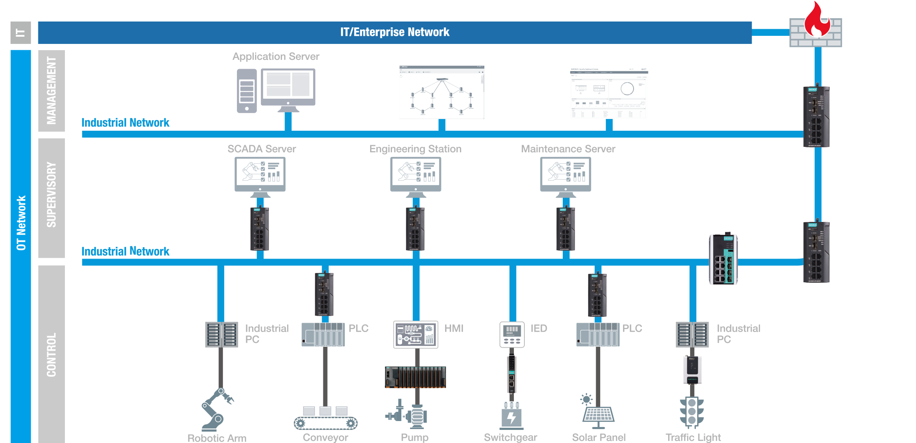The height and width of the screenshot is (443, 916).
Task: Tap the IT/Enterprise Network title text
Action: coord(395,32)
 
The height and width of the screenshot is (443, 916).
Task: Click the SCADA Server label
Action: coord(261,149)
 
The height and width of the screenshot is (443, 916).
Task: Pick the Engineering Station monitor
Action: coord(416,174)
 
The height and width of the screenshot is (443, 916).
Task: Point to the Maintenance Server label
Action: coord(568,149)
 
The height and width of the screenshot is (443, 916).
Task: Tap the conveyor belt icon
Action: coord(325,418)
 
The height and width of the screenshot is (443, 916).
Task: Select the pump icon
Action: coord(407,415)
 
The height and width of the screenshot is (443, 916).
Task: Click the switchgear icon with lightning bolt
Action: coord(511,416)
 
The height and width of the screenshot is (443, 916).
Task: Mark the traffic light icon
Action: coord(692,411)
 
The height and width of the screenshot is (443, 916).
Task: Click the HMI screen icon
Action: coord(416,335)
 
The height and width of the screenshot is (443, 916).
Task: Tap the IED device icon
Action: coord(512,335)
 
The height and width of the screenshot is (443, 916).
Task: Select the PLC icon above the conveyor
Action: coord(323,335)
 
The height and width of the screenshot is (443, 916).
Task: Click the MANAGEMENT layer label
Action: coord(51,91)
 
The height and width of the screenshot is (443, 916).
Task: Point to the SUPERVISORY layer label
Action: coord(51,195)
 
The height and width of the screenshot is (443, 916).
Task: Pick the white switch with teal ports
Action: coord(723,259)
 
